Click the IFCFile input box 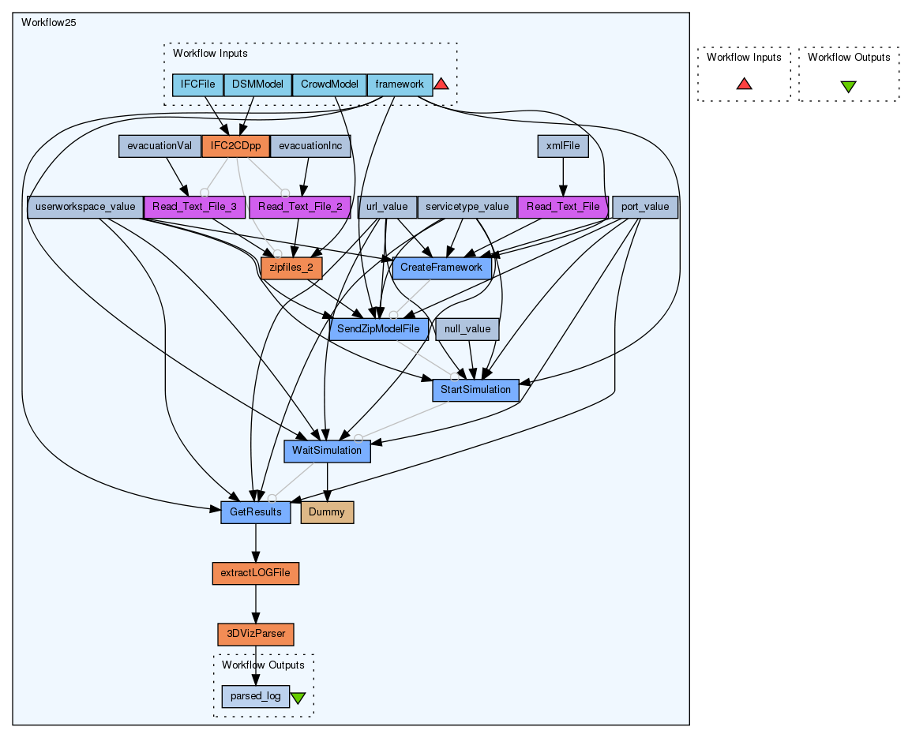[198, 84]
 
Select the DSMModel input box [258, 84]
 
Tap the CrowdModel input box [329, 84]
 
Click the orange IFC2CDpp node [236, 146]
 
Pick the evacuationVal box [160, 146]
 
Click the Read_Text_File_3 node [194, 208]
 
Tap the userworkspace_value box [85, 208]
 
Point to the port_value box [645, 208]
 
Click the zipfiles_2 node [291, 268]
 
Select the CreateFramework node [441, 268]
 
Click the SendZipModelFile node [379, 328]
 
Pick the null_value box [467, 328]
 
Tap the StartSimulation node [475, 390]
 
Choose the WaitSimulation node [327, 451]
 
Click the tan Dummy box [327, 512]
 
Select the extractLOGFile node [256, 573]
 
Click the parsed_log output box [255, 696]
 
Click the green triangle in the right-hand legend [848, 86]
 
